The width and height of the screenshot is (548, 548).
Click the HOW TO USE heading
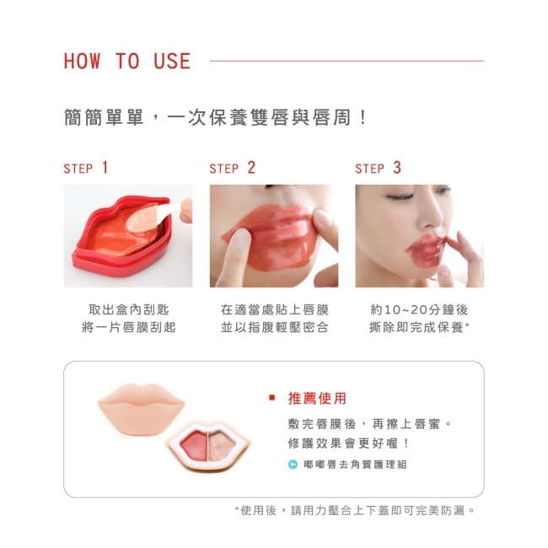click(x=126, y=62)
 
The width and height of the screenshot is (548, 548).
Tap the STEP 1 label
click(x=86, y=168)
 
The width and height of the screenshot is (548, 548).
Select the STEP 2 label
click(x=233, y=168)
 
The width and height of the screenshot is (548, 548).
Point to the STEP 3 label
click(x=379, y=168)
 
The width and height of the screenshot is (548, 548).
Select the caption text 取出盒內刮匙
click(x=129, y=309)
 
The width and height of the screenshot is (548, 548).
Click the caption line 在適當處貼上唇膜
click(x=275, y=309)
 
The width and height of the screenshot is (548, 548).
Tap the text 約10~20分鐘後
click(x=419, y=309)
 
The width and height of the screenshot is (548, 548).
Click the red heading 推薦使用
click(x=317, y=398)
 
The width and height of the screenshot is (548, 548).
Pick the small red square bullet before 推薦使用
click(x=272, y=398)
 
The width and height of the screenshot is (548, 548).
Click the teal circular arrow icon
click(x=293, y=465)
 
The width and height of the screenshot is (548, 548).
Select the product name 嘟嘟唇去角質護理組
click(x=355, y=465)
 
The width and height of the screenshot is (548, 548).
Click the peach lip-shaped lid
click(x=141, y=409)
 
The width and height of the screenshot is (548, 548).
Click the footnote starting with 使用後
click(x=355, y=511)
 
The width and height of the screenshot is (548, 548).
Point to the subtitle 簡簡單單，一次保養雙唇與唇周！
click(x=215, y=117)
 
